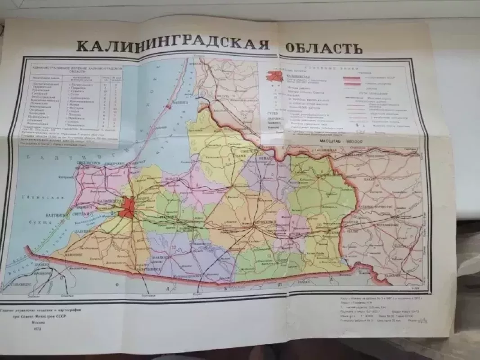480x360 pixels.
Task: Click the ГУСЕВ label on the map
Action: [295, 234]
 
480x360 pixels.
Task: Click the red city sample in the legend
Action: [273, 77]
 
